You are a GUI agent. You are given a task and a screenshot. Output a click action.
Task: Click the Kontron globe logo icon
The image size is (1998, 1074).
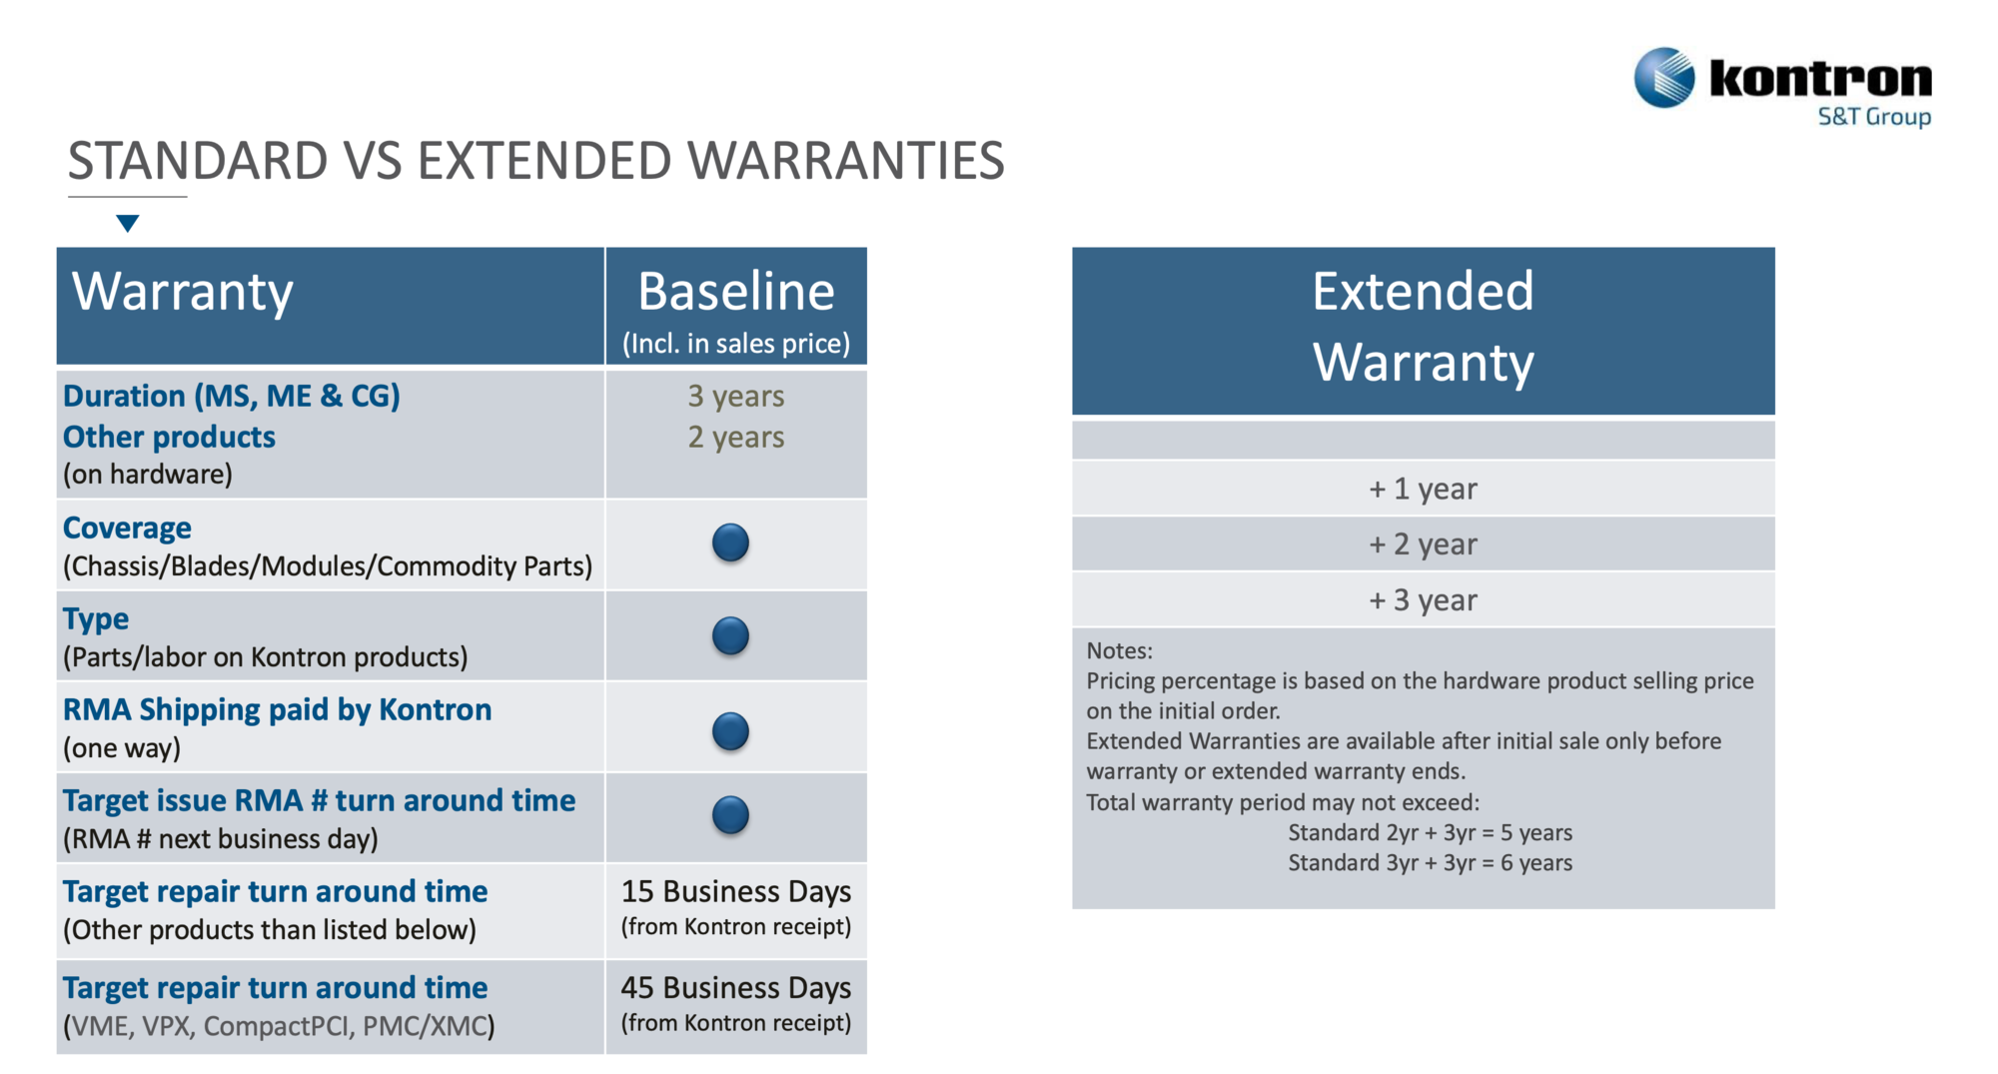[x=1664, y=77]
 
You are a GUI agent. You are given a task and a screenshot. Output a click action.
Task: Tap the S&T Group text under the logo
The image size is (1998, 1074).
[x=1874, y=117]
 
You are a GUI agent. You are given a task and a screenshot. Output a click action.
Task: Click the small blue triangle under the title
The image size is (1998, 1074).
[x=127, y=223]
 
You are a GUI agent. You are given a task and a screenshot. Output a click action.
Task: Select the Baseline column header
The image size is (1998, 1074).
[x=736, y=307]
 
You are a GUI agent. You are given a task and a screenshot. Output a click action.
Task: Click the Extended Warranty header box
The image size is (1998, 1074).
[x=1424, y=331]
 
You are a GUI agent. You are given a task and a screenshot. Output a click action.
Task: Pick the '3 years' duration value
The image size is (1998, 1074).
[x=736, y=397]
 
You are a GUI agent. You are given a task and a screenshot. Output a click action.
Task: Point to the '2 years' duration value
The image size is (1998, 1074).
[x=736, y=438]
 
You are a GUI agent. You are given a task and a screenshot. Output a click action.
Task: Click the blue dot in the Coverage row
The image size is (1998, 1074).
[x=730, y=542]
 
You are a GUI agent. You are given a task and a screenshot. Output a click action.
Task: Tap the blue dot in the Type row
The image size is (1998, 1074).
[x=730, y=635]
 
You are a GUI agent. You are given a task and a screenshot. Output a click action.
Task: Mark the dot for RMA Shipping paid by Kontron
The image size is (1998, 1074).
[x=730, y=731]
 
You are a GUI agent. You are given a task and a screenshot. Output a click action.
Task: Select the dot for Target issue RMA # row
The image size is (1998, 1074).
[x=730, y=815]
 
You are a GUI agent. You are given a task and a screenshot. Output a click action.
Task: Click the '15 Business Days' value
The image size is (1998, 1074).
[x=736, y=891]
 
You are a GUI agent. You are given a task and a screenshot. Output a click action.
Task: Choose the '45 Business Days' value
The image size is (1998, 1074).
[x=736, y=987]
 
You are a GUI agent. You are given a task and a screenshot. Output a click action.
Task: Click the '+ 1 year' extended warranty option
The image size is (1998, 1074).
[x=1423, y=489]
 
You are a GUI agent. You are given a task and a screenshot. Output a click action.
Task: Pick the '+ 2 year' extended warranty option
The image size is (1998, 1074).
[x=1423, y=544]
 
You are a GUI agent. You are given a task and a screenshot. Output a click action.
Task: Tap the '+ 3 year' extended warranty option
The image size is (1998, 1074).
[x=1423, y=600]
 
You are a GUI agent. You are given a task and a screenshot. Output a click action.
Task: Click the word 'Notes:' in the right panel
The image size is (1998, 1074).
[x=1119, y=651]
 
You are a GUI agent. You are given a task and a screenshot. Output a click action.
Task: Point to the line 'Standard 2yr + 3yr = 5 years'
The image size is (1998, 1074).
[x=1430, y=833]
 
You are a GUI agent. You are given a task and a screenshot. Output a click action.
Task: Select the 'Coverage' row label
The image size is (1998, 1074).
[x=127, y=528]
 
